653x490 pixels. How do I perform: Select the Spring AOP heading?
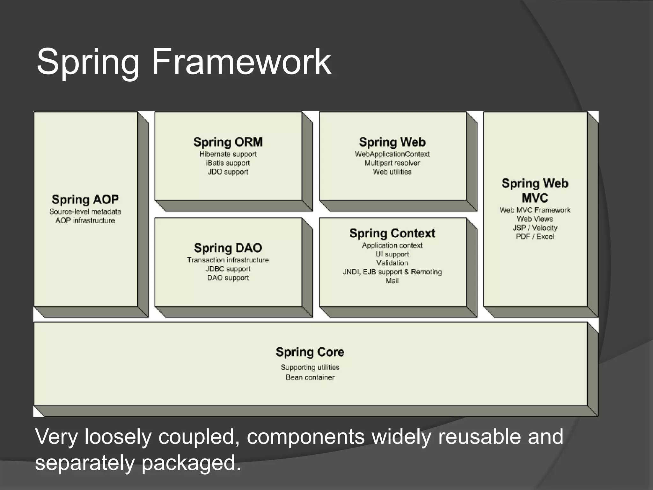[x=85, y=199]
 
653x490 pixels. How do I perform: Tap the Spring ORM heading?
[x=228, y=142]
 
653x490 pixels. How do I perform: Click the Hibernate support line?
[x=228, y=154]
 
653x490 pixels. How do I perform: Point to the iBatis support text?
[x=228, y=163]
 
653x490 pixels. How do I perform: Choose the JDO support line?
[x=228, y=172]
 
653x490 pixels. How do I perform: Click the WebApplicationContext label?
[x=392, y=154]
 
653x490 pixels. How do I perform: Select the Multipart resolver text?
[x=392, y=163]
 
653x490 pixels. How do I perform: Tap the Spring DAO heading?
[x=228, y=248]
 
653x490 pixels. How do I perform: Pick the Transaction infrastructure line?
[x=228, y=260]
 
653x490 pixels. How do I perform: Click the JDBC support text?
[x=228, y=269]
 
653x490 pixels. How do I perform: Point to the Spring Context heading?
[x=392, y=233]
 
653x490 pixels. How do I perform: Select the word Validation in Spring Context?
[x=392, y=263]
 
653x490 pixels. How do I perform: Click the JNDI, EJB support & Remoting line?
[x=392, y=272]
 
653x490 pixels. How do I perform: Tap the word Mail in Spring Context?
[x=392, y=281]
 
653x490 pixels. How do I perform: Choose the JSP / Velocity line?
[x=535, y=228]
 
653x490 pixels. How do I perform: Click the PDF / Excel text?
[x=535, y=236]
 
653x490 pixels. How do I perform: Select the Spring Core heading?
[x=310, y=352]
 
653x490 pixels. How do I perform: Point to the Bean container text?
[x=310, y=377]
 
